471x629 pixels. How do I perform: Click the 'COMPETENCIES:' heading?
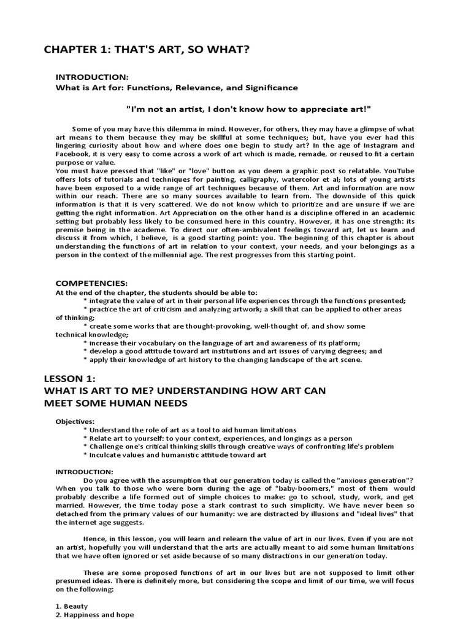[91, 283]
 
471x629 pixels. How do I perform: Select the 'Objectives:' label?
[75, 421]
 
